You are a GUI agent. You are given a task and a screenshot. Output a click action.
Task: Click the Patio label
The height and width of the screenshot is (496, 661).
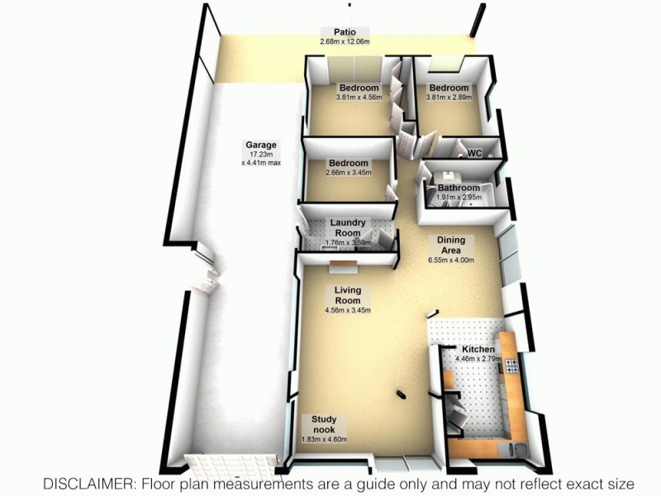(x=334, y=31)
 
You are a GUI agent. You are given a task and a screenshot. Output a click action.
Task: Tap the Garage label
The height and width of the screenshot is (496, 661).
(x=260, y=145)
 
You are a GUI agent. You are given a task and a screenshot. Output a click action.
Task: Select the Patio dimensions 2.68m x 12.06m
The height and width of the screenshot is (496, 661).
(x=334, y=41)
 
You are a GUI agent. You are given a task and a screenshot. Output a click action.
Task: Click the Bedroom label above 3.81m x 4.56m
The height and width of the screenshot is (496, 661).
(x=359, y=88)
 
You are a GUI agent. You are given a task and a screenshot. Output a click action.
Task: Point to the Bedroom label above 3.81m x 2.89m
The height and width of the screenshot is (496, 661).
(x=449, y=88)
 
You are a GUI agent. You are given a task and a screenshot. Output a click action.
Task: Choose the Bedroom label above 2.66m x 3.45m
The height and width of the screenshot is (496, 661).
(x=348, y=163)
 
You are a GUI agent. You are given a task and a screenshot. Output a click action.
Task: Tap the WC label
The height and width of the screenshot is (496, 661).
(x=474, y=154)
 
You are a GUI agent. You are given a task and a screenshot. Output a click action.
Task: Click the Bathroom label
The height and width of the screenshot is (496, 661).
(x=459, y=188)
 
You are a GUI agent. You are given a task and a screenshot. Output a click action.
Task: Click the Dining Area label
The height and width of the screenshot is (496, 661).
(x=451, y=246)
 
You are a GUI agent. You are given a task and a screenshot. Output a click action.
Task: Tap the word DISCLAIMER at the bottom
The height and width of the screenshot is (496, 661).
(x=90, y=483)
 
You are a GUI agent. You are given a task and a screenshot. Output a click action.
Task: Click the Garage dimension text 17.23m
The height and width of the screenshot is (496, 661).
(x=260, y=154)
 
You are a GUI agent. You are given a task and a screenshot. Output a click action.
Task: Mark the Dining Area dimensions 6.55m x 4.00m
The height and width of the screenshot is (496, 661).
(x=451, y=260)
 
